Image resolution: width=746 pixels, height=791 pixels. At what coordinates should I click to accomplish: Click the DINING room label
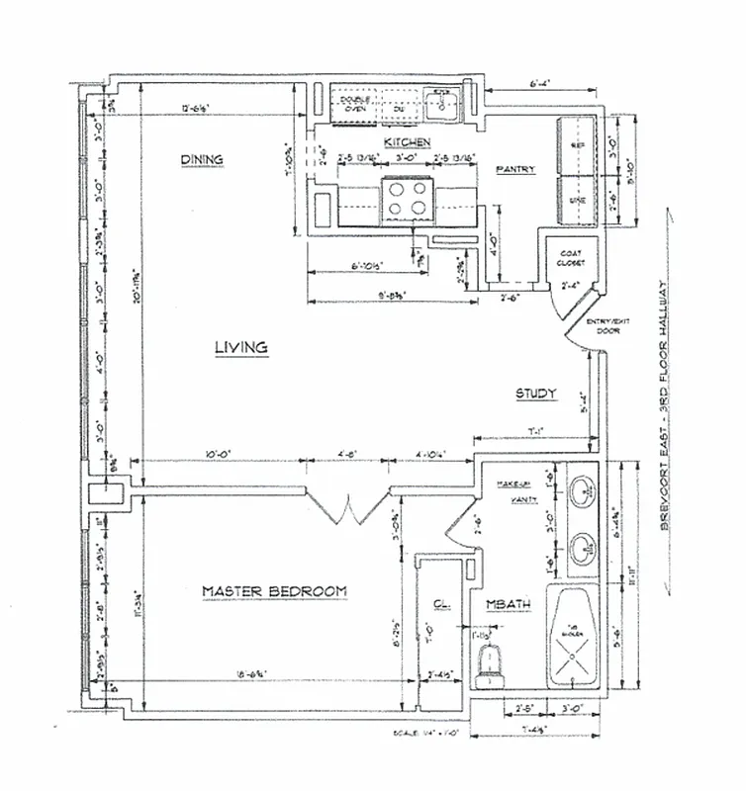tap(202, 160)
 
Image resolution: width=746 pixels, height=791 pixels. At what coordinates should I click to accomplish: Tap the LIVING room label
tap(241, 347)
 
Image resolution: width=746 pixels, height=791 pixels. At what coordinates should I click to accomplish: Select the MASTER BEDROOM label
tap(274, 591)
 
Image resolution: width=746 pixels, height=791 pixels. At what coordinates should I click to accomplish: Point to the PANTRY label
tap(515, 170)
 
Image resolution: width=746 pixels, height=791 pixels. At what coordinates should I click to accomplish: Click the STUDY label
tap(536, 395)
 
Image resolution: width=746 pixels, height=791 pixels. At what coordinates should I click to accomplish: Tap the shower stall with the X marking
tap(575, 638)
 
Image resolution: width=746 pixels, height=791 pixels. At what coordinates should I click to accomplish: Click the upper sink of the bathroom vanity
tap(584, 488)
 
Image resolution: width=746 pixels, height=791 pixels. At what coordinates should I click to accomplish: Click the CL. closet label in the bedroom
tap(442, 604)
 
